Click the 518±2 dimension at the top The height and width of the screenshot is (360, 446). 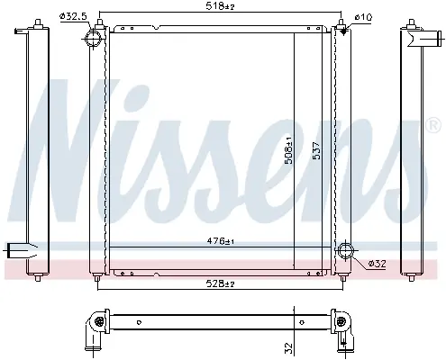point(220,6)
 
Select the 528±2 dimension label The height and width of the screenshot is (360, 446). point(220,283)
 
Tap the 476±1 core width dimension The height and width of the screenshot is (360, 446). point(221,241)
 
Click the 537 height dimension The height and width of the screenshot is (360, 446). point(316,150)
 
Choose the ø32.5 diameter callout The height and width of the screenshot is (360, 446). point(74,16)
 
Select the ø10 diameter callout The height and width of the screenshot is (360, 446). point(363,17)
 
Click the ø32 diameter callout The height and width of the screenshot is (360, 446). point(377,264)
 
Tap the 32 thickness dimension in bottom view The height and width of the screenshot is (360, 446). point(288,347)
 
